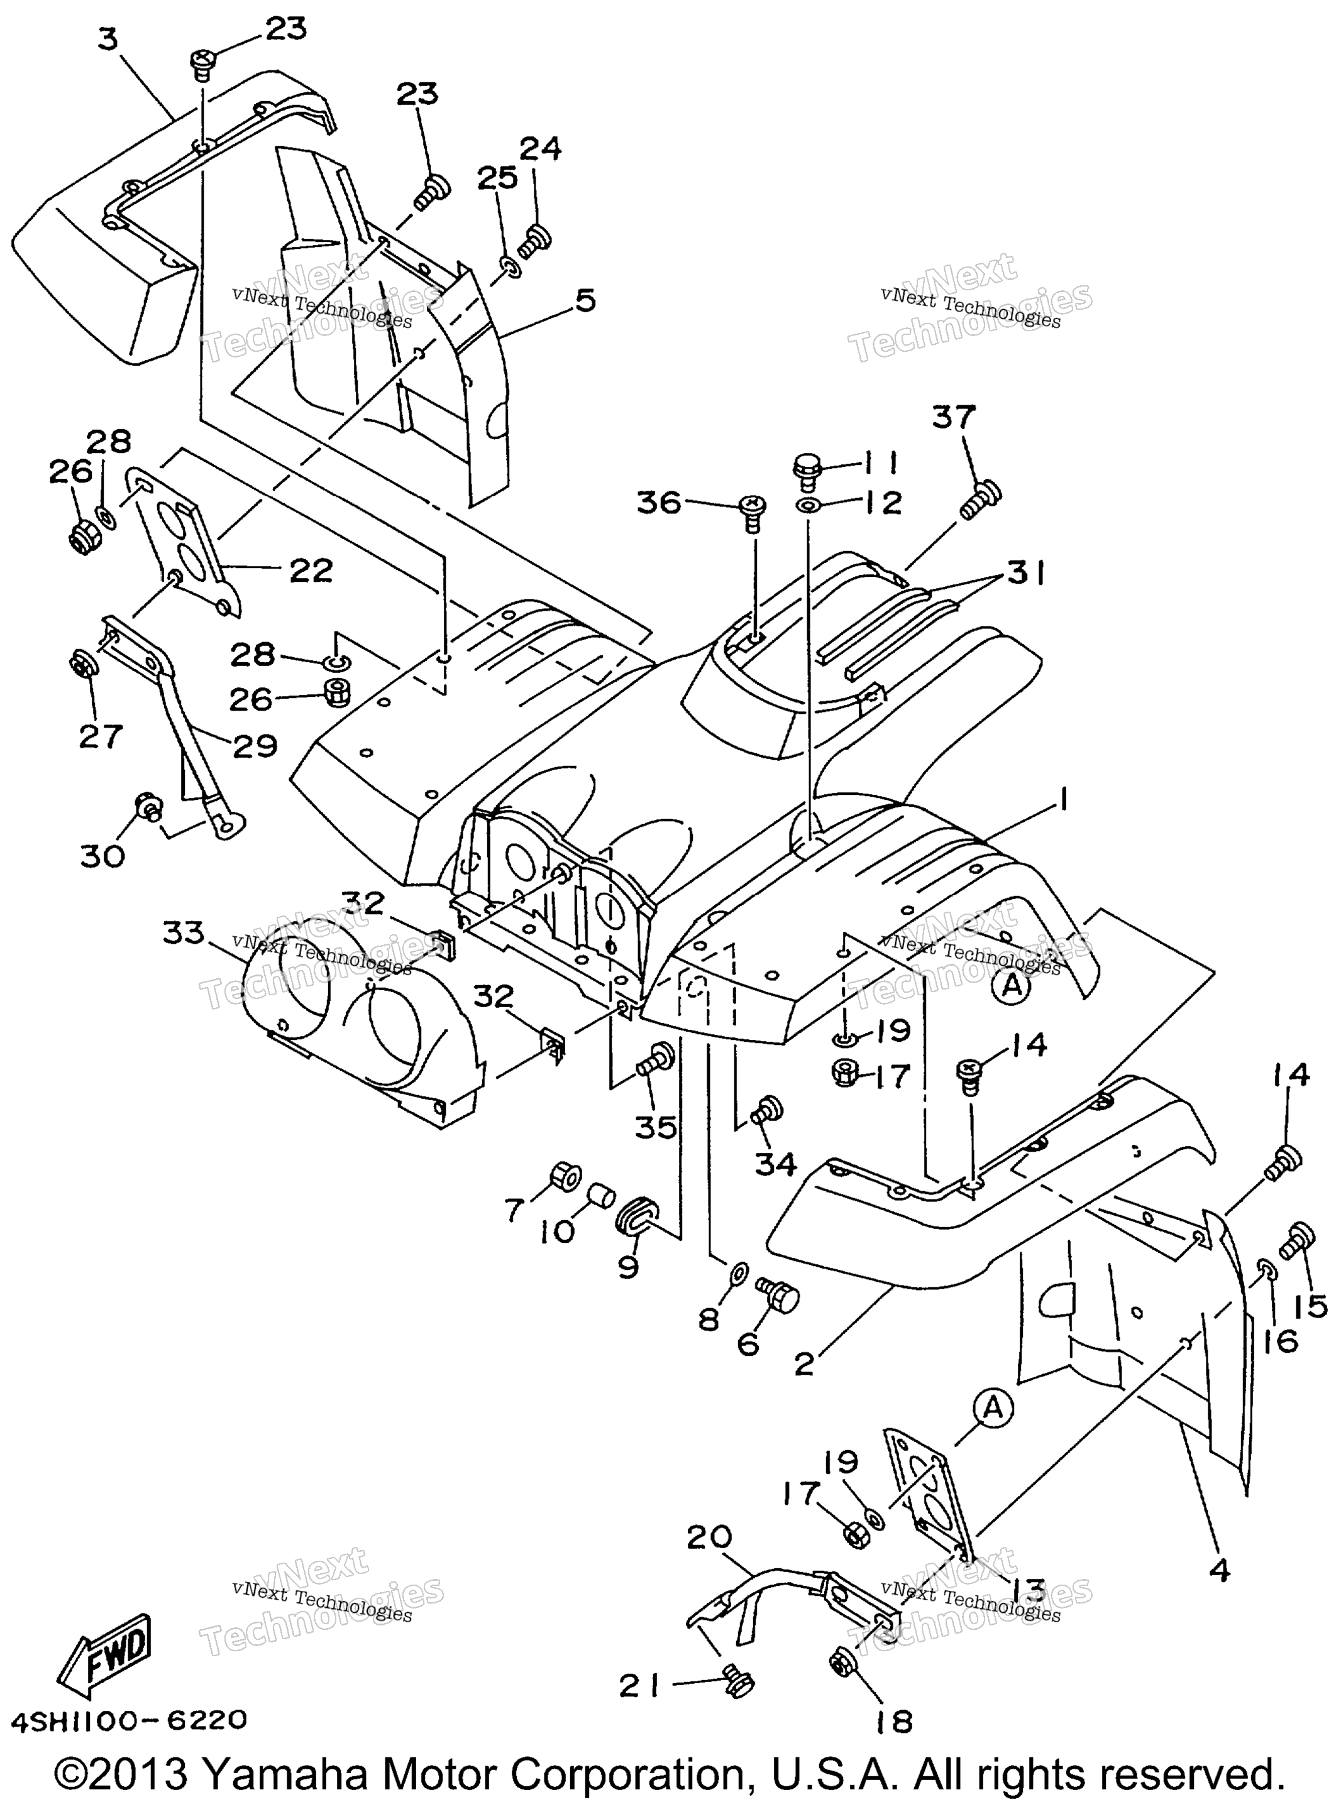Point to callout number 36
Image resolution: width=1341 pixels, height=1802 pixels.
point(658,503)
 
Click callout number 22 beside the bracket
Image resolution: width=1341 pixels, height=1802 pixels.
point(311,571)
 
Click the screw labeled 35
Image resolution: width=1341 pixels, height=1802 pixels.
point(653,1059)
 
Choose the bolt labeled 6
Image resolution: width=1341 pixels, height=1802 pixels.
point(778,1294)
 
